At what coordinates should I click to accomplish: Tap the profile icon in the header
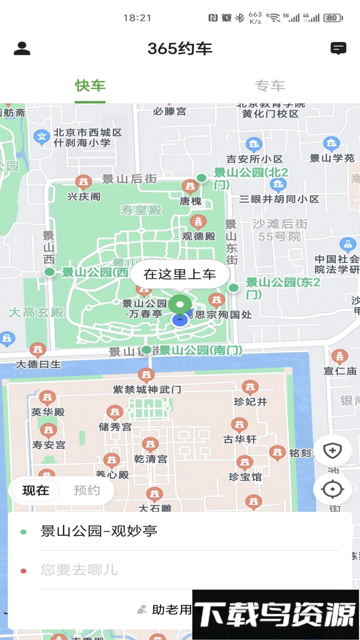22,48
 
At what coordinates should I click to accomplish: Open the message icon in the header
338,48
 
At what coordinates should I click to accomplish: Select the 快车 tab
90,86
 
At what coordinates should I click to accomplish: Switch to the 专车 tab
270,86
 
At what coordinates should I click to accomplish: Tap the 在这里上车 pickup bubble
180,274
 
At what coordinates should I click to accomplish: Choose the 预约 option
87,490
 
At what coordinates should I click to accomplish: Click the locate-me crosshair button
332,489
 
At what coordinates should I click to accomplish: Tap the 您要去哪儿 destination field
180,570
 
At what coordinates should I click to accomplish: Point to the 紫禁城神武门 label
147,389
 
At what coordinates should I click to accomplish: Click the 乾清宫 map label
151,459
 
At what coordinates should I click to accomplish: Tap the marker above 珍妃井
250,387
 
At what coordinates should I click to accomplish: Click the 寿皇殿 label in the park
141,210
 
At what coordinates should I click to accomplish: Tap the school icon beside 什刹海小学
42,137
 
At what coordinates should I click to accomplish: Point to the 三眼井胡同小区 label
279,199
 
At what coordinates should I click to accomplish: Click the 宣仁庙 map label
340,371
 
